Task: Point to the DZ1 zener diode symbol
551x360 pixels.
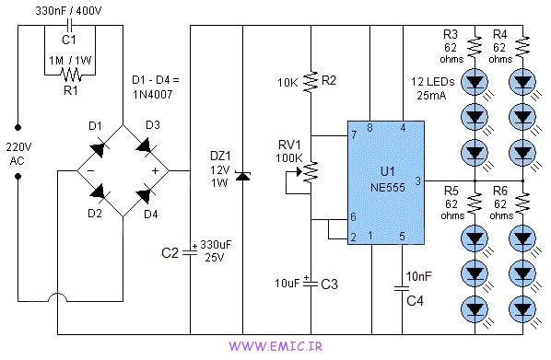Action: (242, 174)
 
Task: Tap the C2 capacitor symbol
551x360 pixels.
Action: (190, 250)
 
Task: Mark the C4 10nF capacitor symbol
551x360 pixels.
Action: (403, 289)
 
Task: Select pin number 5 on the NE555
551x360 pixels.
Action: (403, 237)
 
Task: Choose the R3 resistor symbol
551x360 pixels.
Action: (475, 45)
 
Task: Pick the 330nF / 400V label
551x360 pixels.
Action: (69, 10)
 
